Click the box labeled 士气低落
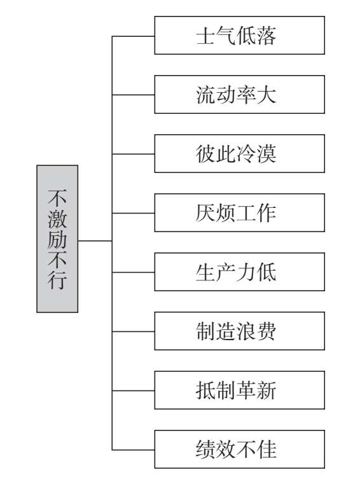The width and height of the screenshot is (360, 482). click(240, 36)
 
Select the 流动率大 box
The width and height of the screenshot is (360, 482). click(240, 94)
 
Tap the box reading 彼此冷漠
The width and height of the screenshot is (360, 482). click(240, 153)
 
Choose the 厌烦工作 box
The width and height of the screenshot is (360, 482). click(240, 213)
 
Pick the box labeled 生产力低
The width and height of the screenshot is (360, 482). click(240, 272)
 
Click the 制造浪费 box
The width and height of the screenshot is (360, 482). click(240, 331)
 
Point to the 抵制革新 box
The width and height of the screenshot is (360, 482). click(240, 390)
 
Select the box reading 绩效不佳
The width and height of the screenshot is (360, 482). click(240, 450)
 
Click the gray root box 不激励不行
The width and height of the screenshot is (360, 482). click(57, 239)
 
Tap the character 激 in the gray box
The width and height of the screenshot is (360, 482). click(57, 219)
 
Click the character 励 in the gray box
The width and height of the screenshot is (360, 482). click(57, 239)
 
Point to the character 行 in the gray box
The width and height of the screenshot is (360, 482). click(57, 280)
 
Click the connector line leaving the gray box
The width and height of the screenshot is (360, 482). click(95, 241)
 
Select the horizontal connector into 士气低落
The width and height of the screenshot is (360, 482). click(134, 36)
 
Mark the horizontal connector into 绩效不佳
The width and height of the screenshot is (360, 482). click(134, 450)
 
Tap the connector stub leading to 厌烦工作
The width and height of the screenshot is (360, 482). click(134, 213)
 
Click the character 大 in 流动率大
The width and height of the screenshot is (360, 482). click(267, 94)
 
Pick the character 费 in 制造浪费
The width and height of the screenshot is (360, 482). click(267, 331)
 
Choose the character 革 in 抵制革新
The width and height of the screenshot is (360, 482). click(247, 390)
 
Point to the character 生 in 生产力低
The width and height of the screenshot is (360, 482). click(206, 272)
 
